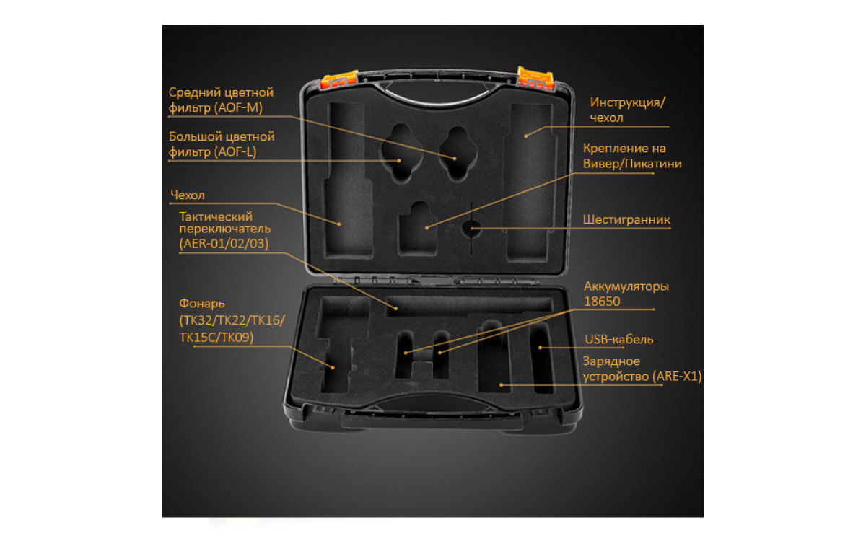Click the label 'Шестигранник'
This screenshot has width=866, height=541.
(626, 219)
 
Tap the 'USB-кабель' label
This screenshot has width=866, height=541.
(618, 339)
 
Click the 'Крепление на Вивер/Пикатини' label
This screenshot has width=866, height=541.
(632, 156)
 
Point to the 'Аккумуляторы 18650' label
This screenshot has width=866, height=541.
(626, 294)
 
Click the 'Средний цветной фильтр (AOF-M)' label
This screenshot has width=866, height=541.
(221, 100)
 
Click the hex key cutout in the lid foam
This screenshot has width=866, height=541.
(470, 229)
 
